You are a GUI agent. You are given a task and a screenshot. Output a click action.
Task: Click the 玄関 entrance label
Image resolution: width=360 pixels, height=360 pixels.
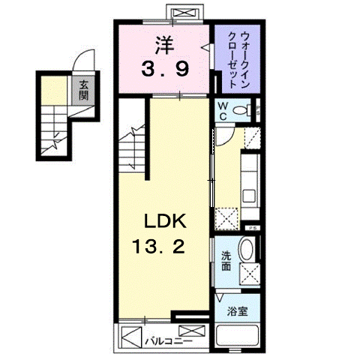82,91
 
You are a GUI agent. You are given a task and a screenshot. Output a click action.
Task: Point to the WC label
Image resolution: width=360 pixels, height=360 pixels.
223,110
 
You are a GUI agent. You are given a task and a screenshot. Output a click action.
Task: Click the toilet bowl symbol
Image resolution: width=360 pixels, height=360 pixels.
241,111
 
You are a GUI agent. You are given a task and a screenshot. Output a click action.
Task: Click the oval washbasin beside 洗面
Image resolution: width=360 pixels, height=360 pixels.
247,252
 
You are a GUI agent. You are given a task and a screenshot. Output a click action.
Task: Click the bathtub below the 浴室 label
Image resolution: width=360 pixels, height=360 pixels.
237,337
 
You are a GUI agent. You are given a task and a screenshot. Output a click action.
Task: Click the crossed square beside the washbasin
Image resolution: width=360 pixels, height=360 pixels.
248,274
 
